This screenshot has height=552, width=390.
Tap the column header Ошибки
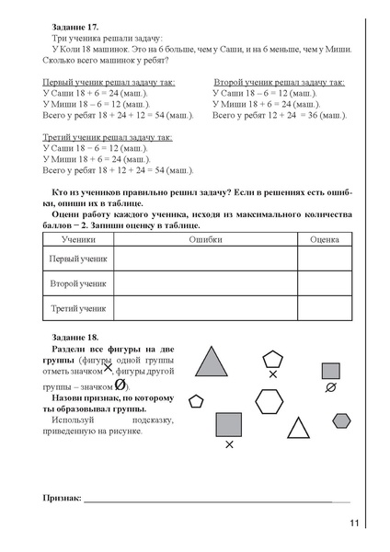(x=204, y=237)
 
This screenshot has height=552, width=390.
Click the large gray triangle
(x=213, y=362)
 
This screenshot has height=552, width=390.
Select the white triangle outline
(x=297, y=428)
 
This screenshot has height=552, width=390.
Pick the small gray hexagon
(x=341, y=420)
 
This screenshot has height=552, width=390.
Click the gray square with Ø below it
(x=330, y=365)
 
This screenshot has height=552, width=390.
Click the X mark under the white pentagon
(x=273, y=374)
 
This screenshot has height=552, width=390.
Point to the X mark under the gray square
(x=229, y=445)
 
